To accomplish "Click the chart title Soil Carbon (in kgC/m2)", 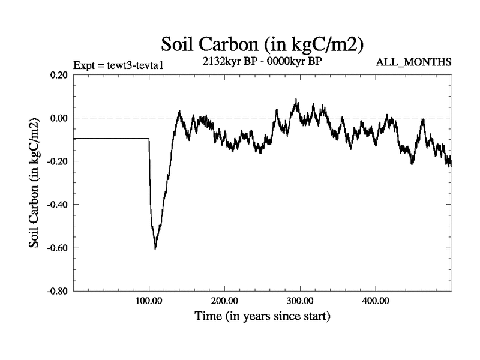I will [264, 44].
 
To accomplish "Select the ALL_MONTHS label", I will [413, 62].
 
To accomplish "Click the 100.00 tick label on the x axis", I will [149, 300].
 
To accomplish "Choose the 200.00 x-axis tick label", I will [224, 300].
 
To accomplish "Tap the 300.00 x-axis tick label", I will [300, 300].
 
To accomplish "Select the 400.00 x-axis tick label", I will [376, 300].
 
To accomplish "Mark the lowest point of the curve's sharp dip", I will [155, 248].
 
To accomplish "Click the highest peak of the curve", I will [296, 100].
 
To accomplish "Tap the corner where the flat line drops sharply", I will [149, 139].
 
